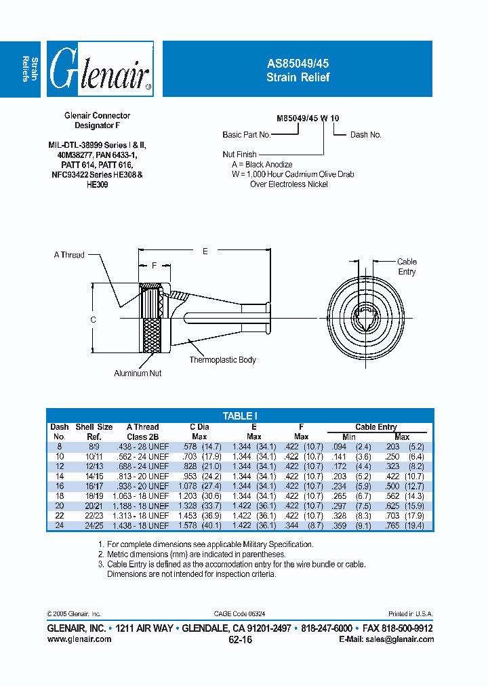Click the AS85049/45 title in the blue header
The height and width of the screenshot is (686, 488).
pos(298,62)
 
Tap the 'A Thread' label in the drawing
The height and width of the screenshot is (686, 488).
pos(69,255)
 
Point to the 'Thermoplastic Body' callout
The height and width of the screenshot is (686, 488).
pos(222,360)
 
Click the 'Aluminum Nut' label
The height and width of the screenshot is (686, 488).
pos(138,373)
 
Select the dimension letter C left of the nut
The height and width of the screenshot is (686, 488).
pos(94,319)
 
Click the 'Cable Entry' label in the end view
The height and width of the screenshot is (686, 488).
pos(407,266)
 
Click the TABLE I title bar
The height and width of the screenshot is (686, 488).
pos(240,416)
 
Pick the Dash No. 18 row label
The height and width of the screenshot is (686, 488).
pos(59,496)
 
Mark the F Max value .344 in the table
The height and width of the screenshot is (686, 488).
pos(293,525)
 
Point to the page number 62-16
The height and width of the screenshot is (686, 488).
pos(240,639)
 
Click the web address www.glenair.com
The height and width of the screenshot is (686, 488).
pos(79,639)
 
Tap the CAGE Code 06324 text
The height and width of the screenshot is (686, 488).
pos(240,613)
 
